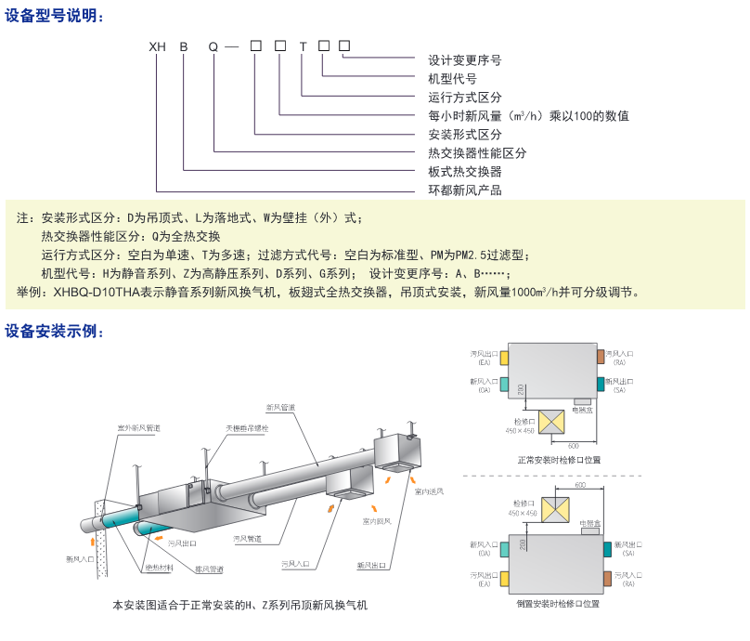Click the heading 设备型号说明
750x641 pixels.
tap(55, 16)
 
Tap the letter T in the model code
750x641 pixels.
tap(303, 46)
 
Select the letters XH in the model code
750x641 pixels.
tap(157, 46)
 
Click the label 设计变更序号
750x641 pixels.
tap(464, 60)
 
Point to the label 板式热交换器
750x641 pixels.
tap(464, 172)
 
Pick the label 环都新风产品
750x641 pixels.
tap(464, 190)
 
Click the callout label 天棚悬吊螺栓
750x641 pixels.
tap(246, 428)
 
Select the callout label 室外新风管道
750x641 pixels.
tap(138, 428)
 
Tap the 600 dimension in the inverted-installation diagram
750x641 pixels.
tap(580, 485)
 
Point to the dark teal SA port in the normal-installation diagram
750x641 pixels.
tap(600, 384)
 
